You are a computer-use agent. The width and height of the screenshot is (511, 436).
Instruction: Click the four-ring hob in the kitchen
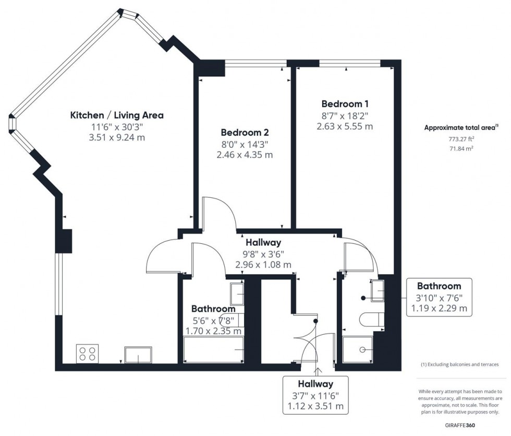click(87, 353)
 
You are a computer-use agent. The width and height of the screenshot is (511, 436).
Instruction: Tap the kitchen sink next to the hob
click(138, 355)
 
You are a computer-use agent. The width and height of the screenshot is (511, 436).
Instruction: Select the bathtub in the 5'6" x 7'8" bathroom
click(214, 349)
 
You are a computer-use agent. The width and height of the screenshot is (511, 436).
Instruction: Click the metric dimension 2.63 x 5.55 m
click(344, 126)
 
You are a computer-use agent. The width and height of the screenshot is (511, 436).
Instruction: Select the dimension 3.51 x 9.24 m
click(117, 138)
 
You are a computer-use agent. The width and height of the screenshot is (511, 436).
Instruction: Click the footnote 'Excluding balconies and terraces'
click(460, 364)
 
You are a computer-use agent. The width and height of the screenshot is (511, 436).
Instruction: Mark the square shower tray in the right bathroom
click(358, 349)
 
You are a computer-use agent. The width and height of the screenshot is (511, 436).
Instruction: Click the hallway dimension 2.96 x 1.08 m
click(263, 265)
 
